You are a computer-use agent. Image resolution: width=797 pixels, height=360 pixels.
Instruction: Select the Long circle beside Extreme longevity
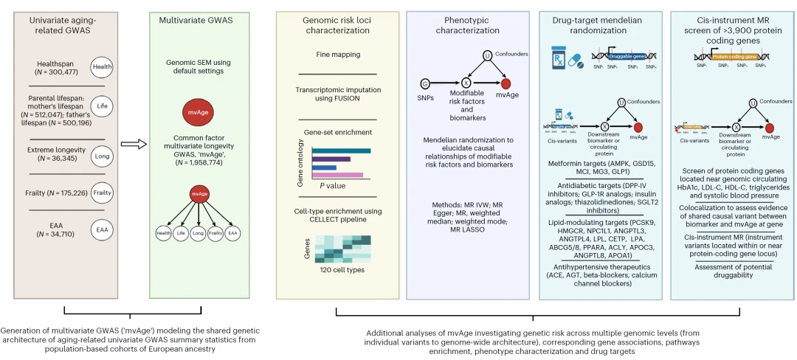[x=101, y=156]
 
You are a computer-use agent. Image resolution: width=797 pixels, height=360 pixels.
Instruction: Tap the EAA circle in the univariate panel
[x=101, y=230]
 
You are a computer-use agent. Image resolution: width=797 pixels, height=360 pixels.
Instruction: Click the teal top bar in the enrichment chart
[x=341, y=150]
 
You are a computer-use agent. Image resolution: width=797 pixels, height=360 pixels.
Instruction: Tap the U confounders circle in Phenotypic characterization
[x=487, y=55]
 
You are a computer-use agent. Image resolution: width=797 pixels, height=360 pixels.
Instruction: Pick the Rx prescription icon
[x=559, y=57]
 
